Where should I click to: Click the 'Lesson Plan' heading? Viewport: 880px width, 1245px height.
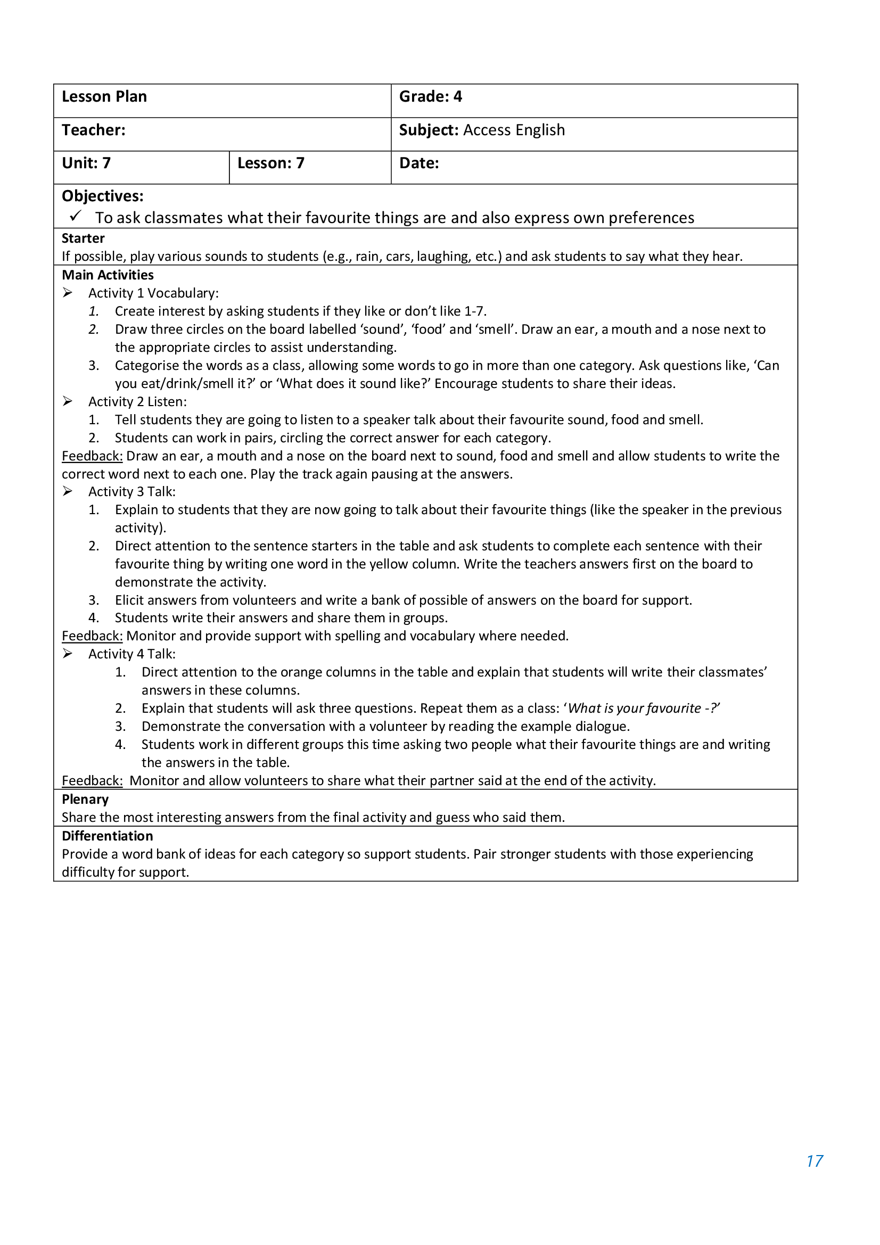[x=104, y=96]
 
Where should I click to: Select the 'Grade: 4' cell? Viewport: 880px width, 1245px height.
[x=431, y=96]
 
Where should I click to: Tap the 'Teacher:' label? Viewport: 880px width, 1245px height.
[x=93, y=130]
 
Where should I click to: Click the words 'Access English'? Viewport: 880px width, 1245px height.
[x=514, y=130]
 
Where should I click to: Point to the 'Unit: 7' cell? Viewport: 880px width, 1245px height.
[x=86, y=163]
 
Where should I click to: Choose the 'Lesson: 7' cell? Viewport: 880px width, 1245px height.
[x=270, y=163]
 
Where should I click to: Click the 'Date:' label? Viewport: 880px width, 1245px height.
[x=418, y=163]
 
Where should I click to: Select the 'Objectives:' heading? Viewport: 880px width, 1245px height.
[x=102, y=196]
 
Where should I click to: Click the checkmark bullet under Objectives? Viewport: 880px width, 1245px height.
[x=76, y=216]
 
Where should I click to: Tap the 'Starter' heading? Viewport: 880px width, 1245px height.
[x=83, y=238]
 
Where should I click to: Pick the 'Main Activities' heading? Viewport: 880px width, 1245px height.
[x=108, y=275]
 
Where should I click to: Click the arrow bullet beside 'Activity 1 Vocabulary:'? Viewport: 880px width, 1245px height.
[x=67, y=293]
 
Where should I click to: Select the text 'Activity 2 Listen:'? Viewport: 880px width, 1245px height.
[x=137, y=402]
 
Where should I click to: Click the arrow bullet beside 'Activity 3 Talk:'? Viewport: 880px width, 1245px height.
[x=67, y=491]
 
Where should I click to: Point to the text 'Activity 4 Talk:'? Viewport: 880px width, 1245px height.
[x=131, y=654]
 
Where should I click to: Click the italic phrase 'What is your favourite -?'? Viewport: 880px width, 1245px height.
[x=643, y=708]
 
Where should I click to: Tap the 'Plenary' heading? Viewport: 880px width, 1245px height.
[x=85, y=799]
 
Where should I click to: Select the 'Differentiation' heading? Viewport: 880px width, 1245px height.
[x=108, y=836]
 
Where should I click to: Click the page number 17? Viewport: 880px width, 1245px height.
[x=815, y=1161]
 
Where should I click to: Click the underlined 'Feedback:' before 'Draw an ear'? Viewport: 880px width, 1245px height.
[x=92, y=456]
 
